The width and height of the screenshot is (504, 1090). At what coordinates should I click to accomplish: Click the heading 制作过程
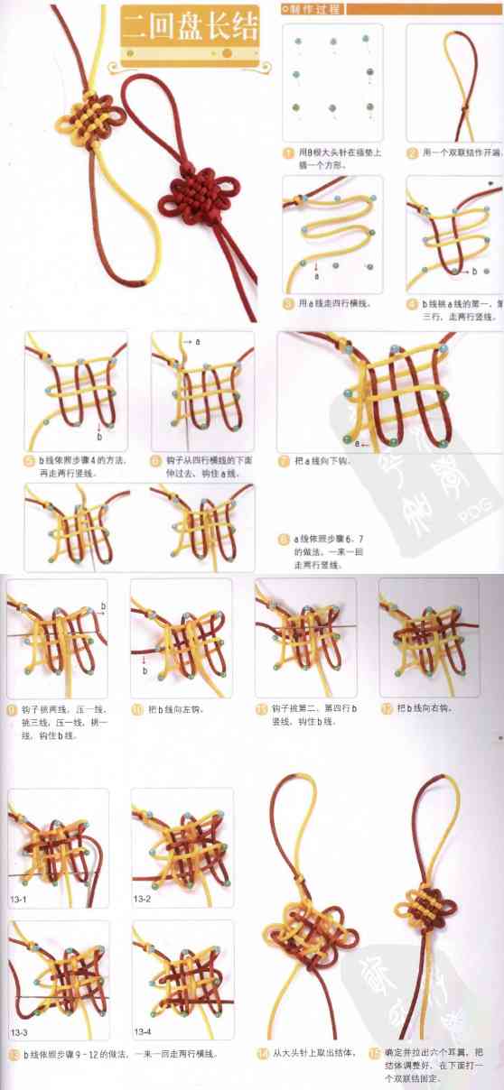pyautogui.click(x=312, y=8)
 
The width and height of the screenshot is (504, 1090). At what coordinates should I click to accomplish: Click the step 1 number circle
pyautogui.click(x=288, y=153)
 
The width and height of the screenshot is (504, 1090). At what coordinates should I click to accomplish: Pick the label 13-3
pyautogui.click(x=20, y=1030)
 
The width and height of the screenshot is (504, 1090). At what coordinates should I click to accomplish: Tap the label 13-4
pyautogui.click(x=143, y=1030)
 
